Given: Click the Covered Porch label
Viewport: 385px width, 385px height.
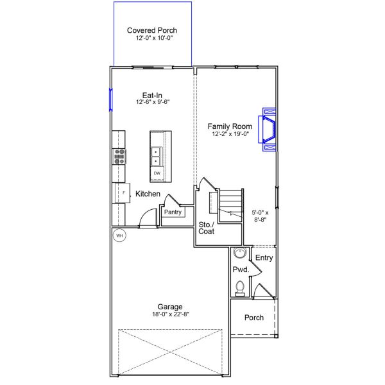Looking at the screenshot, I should coord(152,30).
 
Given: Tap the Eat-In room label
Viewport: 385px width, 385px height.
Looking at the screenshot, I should coord(152,94).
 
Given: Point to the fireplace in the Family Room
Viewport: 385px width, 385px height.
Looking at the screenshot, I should coord(268,128).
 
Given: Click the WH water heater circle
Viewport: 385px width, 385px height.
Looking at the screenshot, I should coord(119,236).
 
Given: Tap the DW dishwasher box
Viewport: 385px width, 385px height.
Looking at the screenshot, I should coord(157,173).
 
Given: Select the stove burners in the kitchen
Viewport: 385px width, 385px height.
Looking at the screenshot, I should coord(120,156).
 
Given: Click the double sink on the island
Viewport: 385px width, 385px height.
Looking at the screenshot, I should coord(157,156).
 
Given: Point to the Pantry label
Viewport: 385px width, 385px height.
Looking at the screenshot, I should coord(173,212).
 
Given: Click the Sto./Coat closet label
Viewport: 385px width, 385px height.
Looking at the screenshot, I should coord(206,228).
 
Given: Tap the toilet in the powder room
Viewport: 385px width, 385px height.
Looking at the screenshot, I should coord(240,287).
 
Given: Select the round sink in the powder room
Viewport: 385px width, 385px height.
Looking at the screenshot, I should coord(239,253).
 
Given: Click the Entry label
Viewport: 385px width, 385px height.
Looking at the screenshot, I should coord(264,258).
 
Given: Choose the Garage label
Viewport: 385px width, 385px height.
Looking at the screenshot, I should coord(171,307).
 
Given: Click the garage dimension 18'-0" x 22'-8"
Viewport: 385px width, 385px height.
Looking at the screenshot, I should coord(171,314).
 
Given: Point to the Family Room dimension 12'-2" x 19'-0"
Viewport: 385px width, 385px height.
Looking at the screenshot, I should coord(230,133).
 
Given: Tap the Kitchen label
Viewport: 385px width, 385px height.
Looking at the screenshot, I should coord(148,194).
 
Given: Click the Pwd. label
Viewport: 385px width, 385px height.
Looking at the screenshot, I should coord(240,270).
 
